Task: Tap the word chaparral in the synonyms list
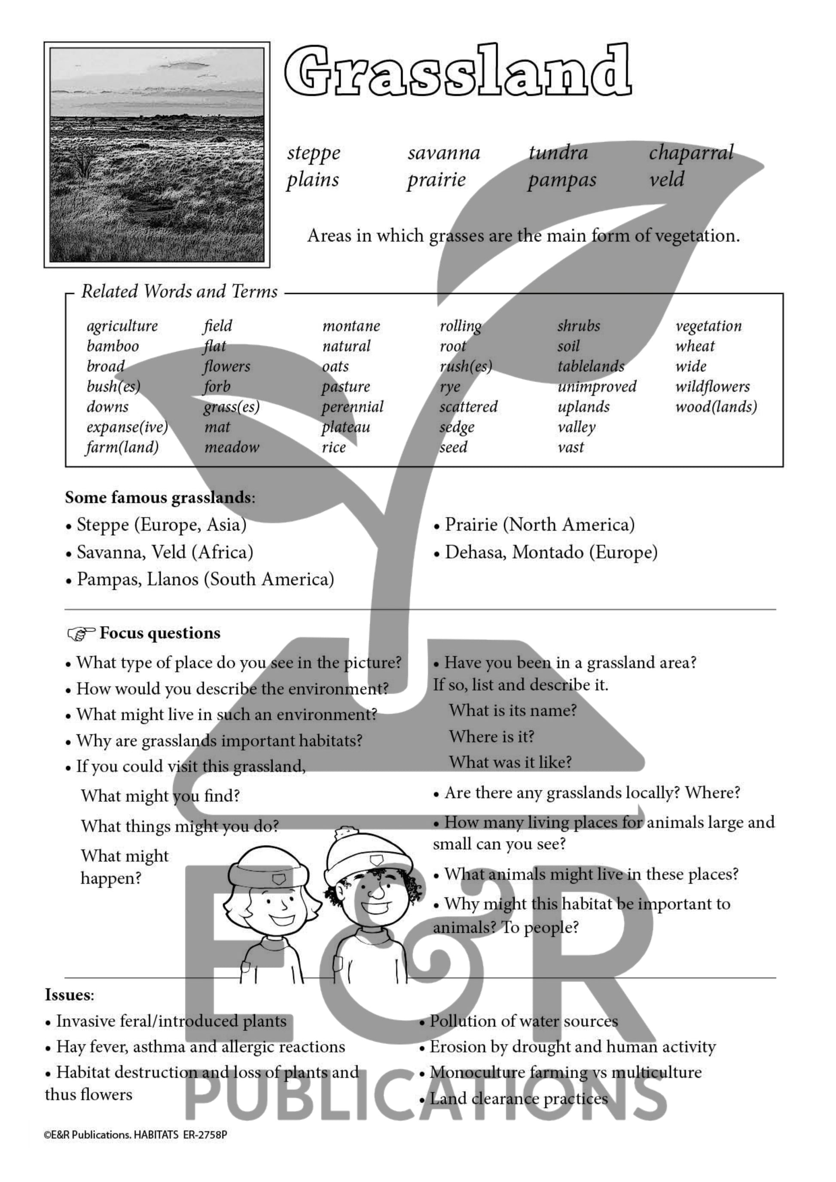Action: [x=691, y=153]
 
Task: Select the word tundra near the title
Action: [x=558, y=153]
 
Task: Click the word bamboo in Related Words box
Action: [x=113, y=346]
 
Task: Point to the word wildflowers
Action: [x=712, y=387]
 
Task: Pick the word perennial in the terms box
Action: [x=353, y=407]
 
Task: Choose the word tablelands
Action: [x=590, y=366]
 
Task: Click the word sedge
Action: [x=457, y=427]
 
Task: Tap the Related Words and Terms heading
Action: [x=179, y=291]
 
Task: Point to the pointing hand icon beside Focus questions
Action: [x=81, y=634]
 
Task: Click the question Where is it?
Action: [x=491, y=737]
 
